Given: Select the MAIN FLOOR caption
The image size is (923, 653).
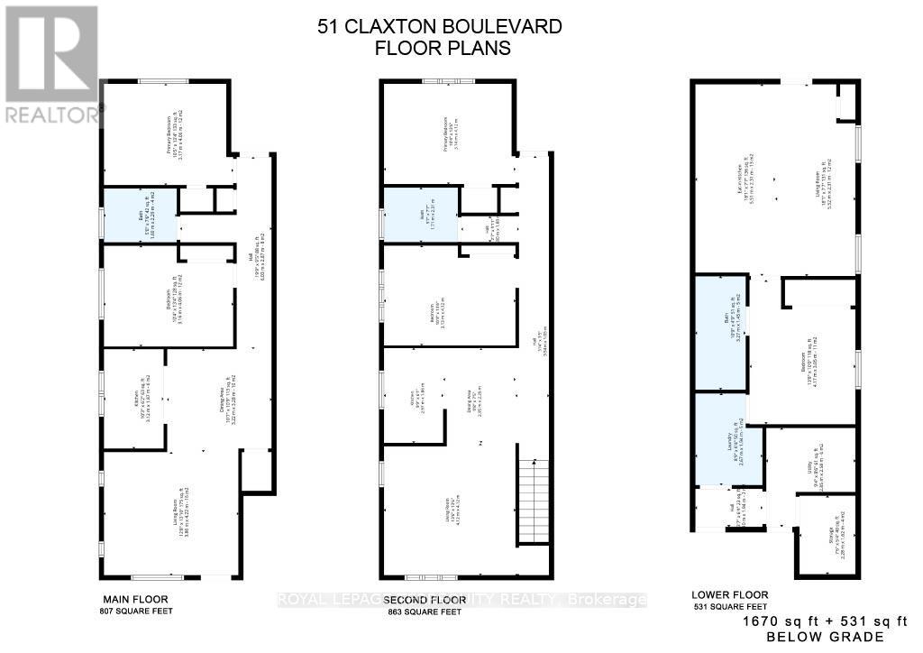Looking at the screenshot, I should click(x=134, y=599).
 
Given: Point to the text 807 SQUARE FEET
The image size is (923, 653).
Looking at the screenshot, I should click(x=134, y=612).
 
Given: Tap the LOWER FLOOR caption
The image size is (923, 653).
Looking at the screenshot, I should click(x=729, y=594).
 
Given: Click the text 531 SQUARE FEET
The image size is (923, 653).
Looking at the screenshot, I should click(x=729, y=606).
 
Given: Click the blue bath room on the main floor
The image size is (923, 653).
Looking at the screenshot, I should click(x=139, y=214).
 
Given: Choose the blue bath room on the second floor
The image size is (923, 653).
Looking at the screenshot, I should click(x=421, y=214).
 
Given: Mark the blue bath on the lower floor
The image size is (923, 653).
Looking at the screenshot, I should click(x=720, y=333).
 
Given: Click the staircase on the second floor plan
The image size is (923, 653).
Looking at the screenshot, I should click(x=534, y=501).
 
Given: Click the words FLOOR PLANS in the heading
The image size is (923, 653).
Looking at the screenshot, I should click(x=442, y=48).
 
